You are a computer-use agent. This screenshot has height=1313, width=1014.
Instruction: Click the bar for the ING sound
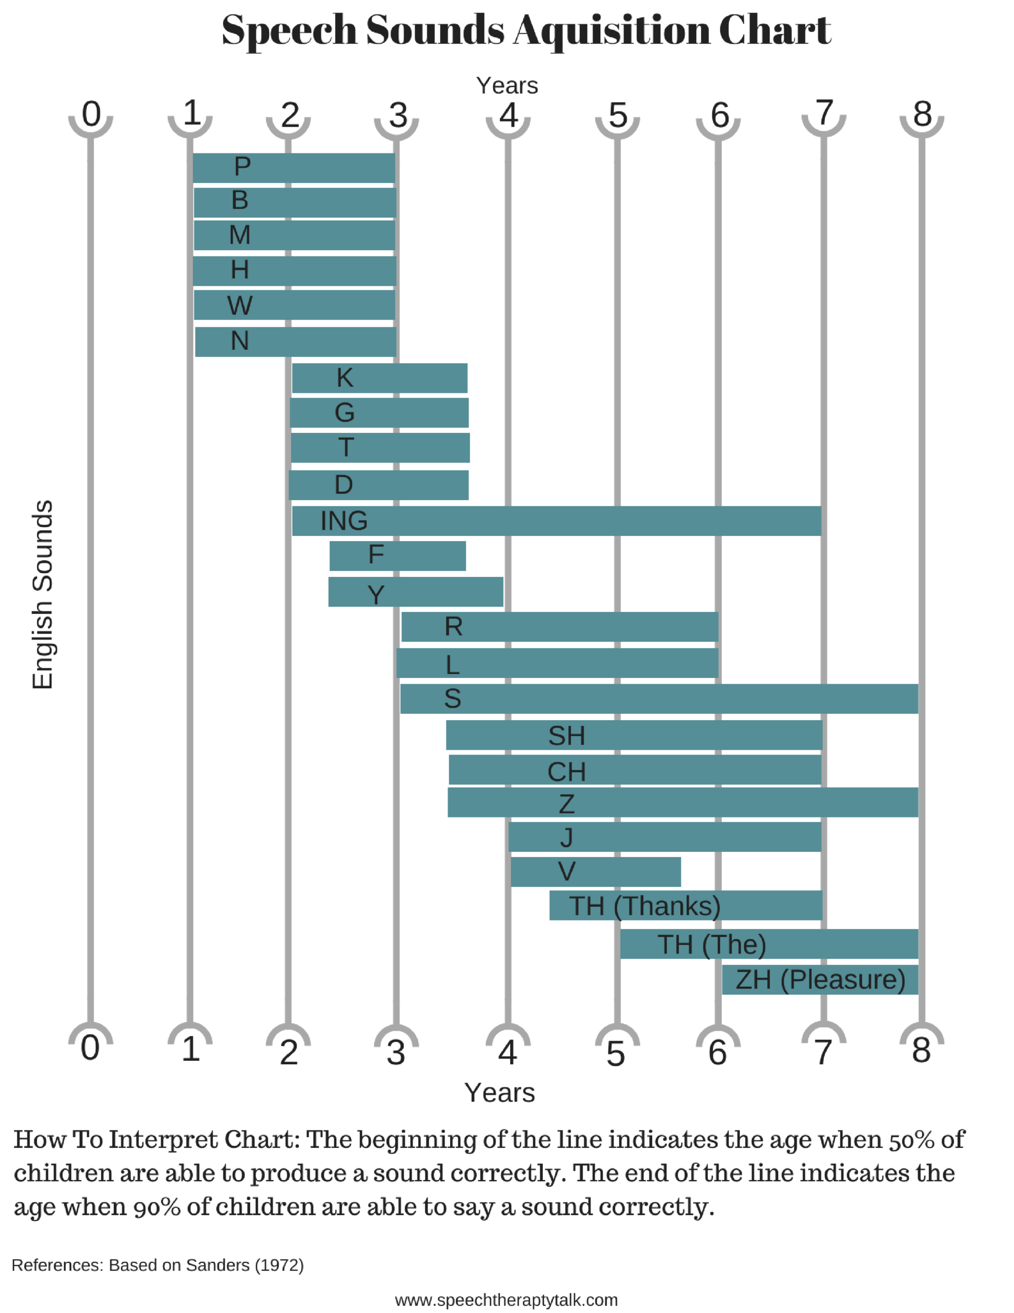pyautogui.click(x=556, y=521)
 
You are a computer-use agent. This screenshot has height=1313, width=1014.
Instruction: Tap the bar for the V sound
pyautogui.click(x=595, y=872)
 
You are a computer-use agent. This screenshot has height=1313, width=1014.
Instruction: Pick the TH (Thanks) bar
pyautogui.click(x=685, y=905)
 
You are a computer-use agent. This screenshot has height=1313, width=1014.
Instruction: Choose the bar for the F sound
pyautogui.click(x=397, y=555)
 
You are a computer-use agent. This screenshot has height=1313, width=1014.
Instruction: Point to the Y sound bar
pyautogui.click(x=415, y=592)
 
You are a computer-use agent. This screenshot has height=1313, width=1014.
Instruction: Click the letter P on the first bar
pyautogui.click(x=242, y=167)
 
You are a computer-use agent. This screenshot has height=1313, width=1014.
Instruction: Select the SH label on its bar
pyautogui.click(x=566, y=736)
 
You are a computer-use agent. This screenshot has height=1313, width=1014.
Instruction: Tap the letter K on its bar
pyautogui.click(x=344, y=378)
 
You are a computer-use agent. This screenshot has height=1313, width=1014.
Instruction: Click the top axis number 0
pyautogui.click(x=91, y=114)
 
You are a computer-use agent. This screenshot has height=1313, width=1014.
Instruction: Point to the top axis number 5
pyautogui.click(x=617, y=115)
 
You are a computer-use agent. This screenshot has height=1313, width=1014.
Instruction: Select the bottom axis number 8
pyautogui.click(x=921, y=1050)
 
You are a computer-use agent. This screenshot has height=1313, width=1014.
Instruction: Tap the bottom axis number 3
pyautogui.click(x=396, y=1052)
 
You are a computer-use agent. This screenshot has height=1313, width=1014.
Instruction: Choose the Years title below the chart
pyautogui.click(x=499, y=1092)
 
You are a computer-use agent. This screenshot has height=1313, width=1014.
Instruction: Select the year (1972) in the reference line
pyautogui.click(x=279, y=1265)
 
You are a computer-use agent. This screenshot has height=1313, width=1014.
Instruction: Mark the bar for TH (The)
pyautogui.click(x=769, y=944)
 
